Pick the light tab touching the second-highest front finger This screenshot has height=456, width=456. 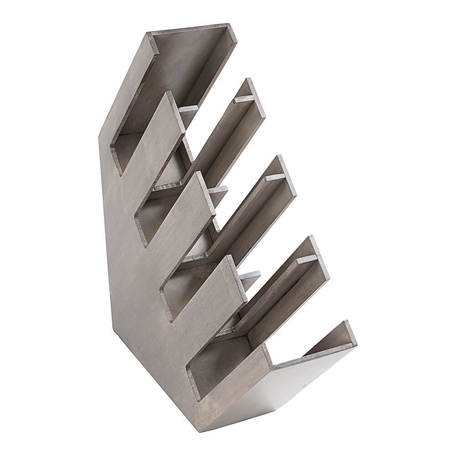[218, 189]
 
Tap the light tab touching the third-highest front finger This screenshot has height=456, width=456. [250, 275]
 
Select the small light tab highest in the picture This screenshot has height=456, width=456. [244, 98]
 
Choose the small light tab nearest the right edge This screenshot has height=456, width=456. [306, 259]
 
